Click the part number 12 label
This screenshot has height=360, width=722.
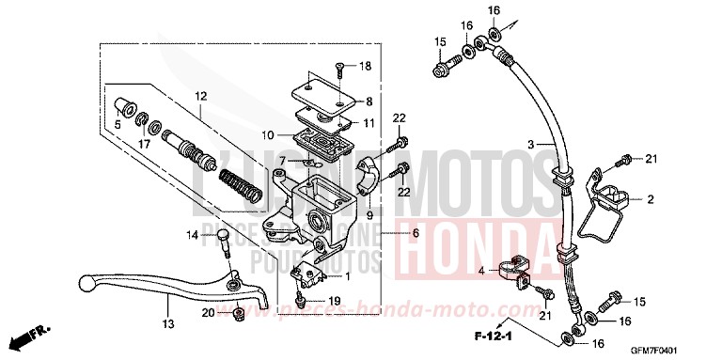pos(199,97)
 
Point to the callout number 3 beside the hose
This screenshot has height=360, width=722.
pos(530,144)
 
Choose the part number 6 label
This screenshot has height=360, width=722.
pos(415,233)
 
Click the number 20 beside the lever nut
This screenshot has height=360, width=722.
pos(207,313)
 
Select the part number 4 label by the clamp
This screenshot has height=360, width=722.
pos(479,272)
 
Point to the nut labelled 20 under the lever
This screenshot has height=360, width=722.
pos(239,312)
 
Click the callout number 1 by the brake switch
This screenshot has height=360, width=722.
pos(348,275)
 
